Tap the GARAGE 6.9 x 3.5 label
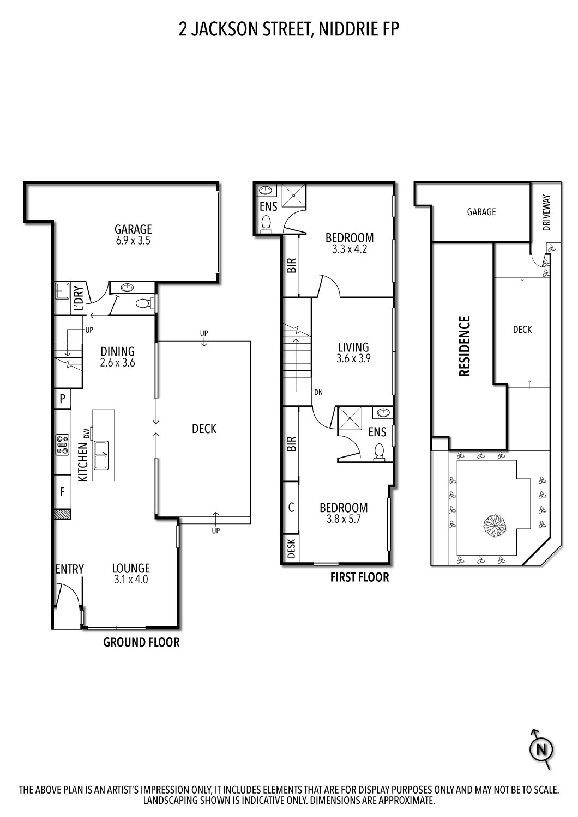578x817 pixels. (x=133, y=235)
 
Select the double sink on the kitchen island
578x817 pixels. (x=101, y=455)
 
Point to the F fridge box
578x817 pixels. (x=62, y=492)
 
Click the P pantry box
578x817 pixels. (x=62, y=399)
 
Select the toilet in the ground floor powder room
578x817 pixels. (x=144, y=303)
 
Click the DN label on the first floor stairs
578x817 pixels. (x=318, y=392)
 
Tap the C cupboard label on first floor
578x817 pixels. (x=291, y=507)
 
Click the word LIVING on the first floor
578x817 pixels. (x=353, y=347)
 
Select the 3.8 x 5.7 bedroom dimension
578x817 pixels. (x=344, y=519)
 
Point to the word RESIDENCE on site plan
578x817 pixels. (x=465, y=346)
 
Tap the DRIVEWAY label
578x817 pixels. (x=547, y=214)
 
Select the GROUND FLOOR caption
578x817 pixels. (x=141, y=642)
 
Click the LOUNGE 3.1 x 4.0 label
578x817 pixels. (x=131, y=574)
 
